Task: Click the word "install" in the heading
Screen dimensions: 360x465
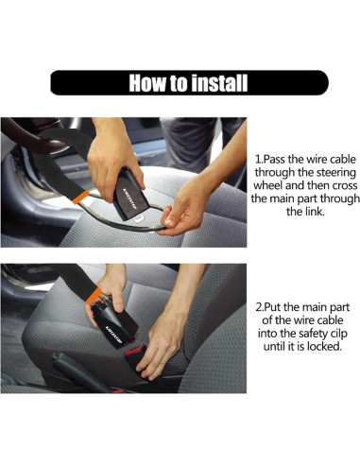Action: tap(219, 83)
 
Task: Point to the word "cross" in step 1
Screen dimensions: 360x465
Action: tap(343, 185)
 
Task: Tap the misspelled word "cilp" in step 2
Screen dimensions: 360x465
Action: tap(338, 334)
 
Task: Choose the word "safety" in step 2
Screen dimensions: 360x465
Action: tap(309, 334)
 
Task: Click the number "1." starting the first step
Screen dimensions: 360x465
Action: tap(258, 160)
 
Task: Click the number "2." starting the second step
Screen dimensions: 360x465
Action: tap(259, 307)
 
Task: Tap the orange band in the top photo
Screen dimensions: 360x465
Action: tap(81, 197)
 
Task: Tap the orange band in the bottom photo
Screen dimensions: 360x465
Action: tap(94, 297)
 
